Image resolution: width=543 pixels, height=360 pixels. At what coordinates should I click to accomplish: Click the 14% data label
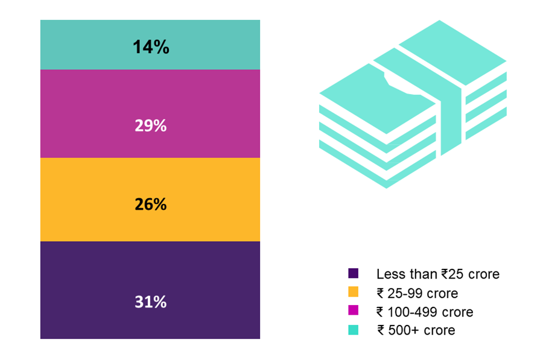click(150, 47)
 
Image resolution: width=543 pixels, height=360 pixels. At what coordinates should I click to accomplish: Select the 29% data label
click(150, 126)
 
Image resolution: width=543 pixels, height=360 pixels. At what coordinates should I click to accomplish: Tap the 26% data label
click(150, 204)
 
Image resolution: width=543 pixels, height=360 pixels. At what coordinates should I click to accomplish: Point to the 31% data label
click(150, 302)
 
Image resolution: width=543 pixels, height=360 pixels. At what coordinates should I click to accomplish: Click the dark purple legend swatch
click(354, 274)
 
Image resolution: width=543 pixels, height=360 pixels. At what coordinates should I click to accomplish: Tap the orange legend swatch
click(354, 292)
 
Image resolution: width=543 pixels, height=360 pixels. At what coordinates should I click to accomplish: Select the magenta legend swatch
click(354, 311)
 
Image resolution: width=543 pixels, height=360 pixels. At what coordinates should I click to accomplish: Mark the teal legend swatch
click(354, 330)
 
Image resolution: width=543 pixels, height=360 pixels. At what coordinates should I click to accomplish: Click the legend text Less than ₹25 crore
click(437, 274)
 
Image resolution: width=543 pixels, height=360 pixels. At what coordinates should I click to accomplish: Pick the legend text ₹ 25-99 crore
click(417, 294)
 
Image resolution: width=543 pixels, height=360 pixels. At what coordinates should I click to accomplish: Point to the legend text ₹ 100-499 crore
click(425, 312)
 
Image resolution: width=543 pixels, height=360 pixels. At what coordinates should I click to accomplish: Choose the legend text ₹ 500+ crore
click(416, 330)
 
